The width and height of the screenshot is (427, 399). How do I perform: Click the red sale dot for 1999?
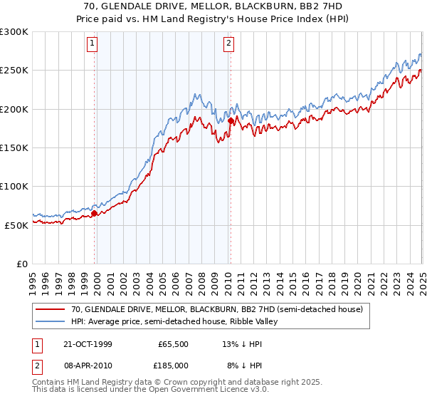pyautogui.click(x=95, y=213)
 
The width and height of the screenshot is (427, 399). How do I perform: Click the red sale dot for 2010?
pyautogui.click(x=231, y=121)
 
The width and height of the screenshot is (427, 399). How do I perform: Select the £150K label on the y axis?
pyautogui.click(x=14, y=148)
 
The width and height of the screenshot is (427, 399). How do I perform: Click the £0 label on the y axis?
pyautogui.click(x=21, y=264)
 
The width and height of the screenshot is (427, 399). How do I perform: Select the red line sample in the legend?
pyautogui.click(x=50, y=309)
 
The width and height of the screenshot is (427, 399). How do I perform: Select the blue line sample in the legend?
pyautogui.click(x=50, y=321)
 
